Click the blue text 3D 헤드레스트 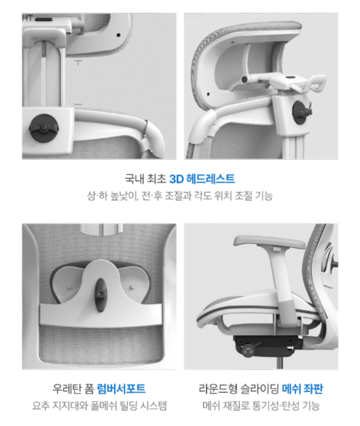pos(202,179)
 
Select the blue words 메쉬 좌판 pos(302,389)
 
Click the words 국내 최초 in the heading pos(145,179)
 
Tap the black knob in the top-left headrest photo pos(44,127)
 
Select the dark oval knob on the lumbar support pos(100,295)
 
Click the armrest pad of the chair pos(269,242)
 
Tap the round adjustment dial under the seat pos(248,350)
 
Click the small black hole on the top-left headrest pos(118,35)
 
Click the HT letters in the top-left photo pos(28,18)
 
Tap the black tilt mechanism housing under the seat pos(265,346)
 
